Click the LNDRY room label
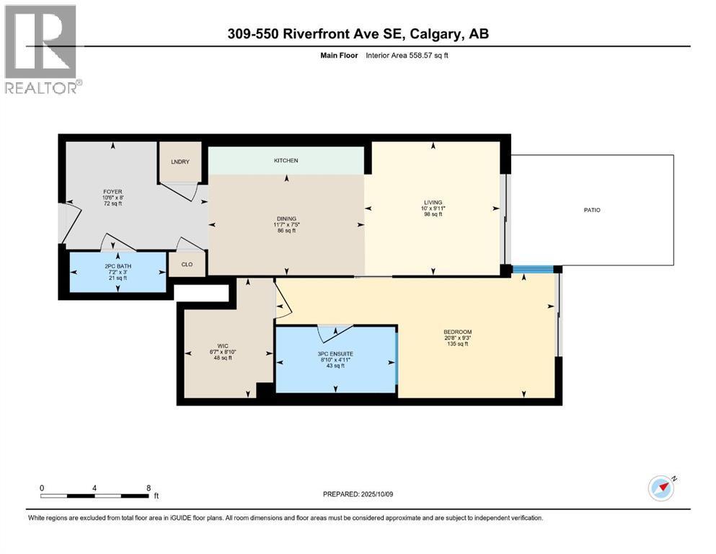(x=180, y=162)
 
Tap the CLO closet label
(x=186, y=264)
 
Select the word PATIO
(x=592, y=210)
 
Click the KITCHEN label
(x=286, y=160)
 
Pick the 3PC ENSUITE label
(x=335, y=353)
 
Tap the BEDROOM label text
(x=457, y=332)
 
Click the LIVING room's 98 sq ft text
(x=433, y=214)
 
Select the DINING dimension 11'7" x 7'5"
(x=286, y=224)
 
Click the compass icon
(x=660, y=488)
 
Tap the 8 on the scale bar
(x=149, y=487)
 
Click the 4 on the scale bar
(x=95, y=487)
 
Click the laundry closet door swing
(x=180, y=189)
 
